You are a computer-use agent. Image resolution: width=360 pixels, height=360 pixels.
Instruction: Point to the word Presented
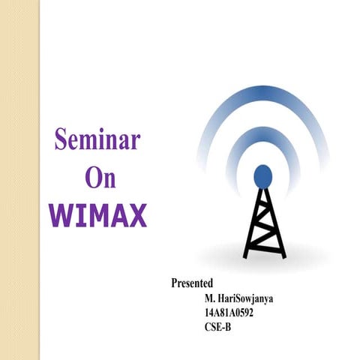(x=192, y=283)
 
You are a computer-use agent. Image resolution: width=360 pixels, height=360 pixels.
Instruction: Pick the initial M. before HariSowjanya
(x=199, y=298)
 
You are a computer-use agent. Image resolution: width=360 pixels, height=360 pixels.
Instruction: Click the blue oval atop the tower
(x=262, y=175)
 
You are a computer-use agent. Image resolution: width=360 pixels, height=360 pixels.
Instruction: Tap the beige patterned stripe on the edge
(x=19, y=180)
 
